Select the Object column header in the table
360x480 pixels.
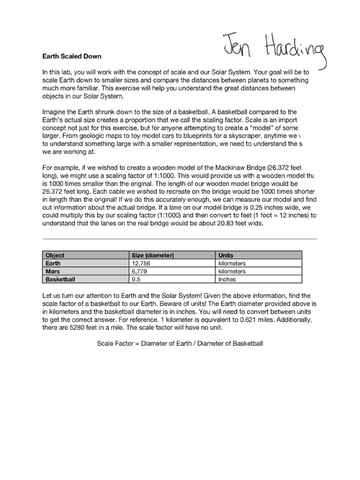pos(55,255)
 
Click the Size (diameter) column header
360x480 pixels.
pos(153,255)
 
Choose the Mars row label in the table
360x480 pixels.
pos(52,271)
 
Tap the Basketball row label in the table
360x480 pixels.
pos(60,279)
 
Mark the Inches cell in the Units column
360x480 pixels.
pos(227,279)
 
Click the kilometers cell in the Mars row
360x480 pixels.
pos(232,271)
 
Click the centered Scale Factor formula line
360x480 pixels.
pos(180,344)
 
